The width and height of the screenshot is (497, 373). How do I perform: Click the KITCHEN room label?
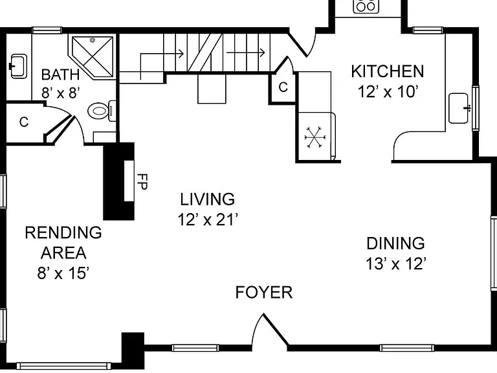[388, 71]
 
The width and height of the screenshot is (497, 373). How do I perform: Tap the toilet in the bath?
[102, 111]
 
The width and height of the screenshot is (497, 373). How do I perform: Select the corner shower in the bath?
[92, 56]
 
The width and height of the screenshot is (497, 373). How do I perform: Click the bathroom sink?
[18, 66]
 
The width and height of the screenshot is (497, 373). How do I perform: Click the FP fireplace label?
[142, 182]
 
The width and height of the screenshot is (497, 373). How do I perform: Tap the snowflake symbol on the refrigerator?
[315, 137]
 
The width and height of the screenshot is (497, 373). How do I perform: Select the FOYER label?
[264, 292]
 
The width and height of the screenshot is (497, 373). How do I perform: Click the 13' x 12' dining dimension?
[395, 264]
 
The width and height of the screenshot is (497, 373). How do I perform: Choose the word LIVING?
[207, 199]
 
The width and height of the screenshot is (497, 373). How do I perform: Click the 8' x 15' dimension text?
[63, 273]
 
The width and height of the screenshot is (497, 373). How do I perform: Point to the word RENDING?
[63, 232]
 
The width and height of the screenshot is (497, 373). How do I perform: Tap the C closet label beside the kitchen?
[283, 87]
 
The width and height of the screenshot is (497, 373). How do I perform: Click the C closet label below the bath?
[24, 122]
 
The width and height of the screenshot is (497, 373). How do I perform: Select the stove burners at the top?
[366, 5]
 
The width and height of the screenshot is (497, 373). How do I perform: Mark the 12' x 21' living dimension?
[208, 220]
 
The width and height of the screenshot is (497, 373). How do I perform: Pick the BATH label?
[60, 75]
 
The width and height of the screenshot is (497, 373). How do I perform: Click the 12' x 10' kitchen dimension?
[388, 92]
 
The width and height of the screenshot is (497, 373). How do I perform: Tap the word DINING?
[395, 243]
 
